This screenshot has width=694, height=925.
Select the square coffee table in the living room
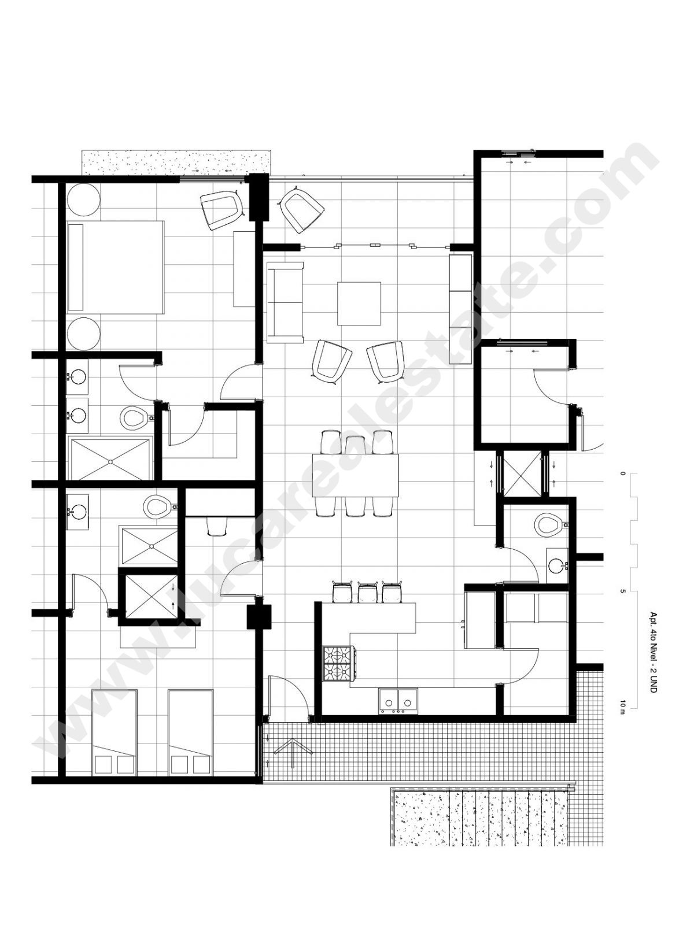tap(359, 304)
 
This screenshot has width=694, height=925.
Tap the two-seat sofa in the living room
tap(285, 302)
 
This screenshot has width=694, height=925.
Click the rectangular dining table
tap(355, 475)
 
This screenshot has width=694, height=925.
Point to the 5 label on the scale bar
tap(622, 591)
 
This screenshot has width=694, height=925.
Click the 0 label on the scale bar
tap(622, 473)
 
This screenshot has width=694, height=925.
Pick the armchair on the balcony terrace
tap(302, 209)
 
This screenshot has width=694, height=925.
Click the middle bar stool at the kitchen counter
tap(367, 591)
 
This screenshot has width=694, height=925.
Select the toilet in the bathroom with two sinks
tap(135, 417)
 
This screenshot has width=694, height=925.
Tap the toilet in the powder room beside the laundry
tap(551, 525)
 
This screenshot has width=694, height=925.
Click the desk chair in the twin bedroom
tap(217, 527)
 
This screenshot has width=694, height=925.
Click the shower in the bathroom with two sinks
tap(109, 460)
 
